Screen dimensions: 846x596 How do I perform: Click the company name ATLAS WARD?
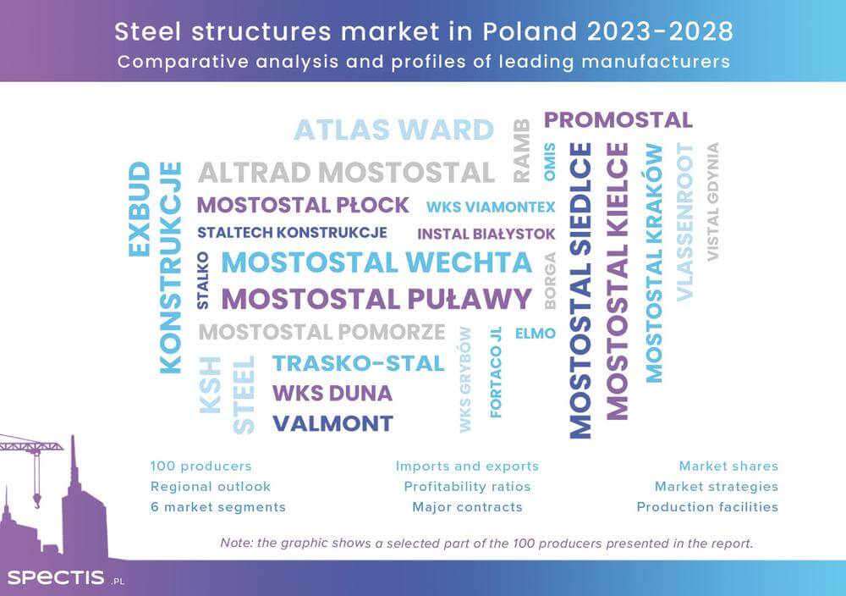(x=394, y=130)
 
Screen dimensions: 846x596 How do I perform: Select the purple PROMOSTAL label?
(x=618, y=120)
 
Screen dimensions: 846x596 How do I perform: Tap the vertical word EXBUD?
(x=140, y=209)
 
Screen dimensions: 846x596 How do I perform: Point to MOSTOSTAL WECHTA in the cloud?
(x=376, y=263)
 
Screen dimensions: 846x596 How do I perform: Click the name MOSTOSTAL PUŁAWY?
(x=376, y=299)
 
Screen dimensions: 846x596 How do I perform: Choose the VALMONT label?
(x=332, y=424)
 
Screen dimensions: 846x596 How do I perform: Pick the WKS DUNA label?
(x=332, y=394)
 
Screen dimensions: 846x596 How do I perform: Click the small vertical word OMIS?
(x=550, y=162)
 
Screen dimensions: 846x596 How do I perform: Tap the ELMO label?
(x=536, y=334)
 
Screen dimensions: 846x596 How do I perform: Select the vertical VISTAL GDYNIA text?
(x=712, y=201)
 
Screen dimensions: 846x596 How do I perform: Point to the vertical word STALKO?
(x=203, y=280)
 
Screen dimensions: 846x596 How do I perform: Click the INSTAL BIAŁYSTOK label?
(x=486, y=235)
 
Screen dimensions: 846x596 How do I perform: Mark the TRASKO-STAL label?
(x=358, y=363)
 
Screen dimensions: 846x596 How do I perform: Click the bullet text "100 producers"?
(x=201, y=466)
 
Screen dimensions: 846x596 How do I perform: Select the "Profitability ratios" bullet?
(x=467, y=487)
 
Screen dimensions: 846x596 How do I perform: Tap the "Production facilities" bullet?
(x=707, y=507)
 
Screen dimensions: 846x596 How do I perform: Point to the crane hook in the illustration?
(x=36, y=501)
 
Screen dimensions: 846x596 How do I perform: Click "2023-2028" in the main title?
(x=660, y=31)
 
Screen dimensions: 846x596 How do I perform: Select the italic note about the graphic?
(x=486, y=544)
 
